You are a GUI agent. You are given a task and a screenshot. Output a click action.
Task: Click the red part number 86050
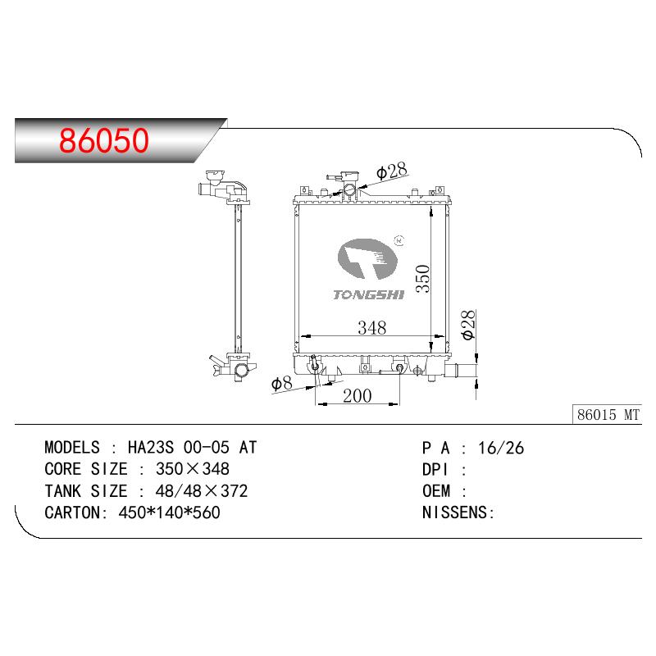click(x=104, y=140)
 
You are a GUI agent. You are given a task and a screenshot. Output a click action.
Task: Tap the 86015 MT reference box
click(x=607, y=414)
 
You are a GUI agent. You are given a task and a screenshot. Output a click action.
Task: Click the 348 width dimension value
click(x=372, y=327)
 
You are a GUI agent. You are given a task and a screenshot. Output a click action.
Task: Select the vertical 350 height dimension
click(x=423, y=279)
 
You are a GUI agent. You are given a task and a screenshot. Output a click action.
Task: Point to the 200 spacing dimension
click(x=358, y=396)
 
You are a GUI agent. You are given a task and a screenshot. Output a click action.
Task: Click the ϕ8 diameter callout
click(x=281, y=383)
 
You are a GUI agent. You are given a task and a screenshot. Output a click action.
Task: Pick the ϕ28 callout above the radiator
click(x=392, y=171)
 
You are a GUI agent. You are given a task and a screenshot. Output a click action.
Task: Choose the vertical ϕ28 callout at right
click(x=468, y=325)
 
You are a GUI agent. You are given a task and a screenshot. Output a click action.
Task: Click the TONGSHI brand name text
click(x=368, y=295)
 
